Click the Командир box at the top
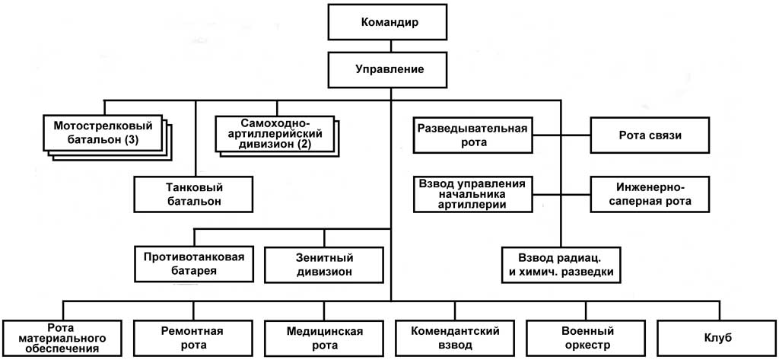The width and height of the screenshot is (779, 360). coord(389,21)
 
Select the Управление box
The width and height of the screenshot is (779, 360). coord(389,69)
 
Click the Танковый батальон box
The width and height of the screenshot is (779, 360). coord(193,195)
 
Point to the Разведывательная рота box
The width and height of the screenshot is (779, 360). coord(472,135)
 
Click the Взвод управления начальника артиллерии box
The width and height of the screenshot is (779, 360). coord(472,193)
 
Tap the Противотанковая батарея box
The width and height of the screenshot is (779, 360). coord(193,263)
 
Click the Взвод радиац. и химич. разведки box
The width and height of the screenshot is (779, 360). coord(561,263)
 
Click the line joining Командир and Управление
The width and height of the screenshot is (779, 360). coord(389,46)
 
